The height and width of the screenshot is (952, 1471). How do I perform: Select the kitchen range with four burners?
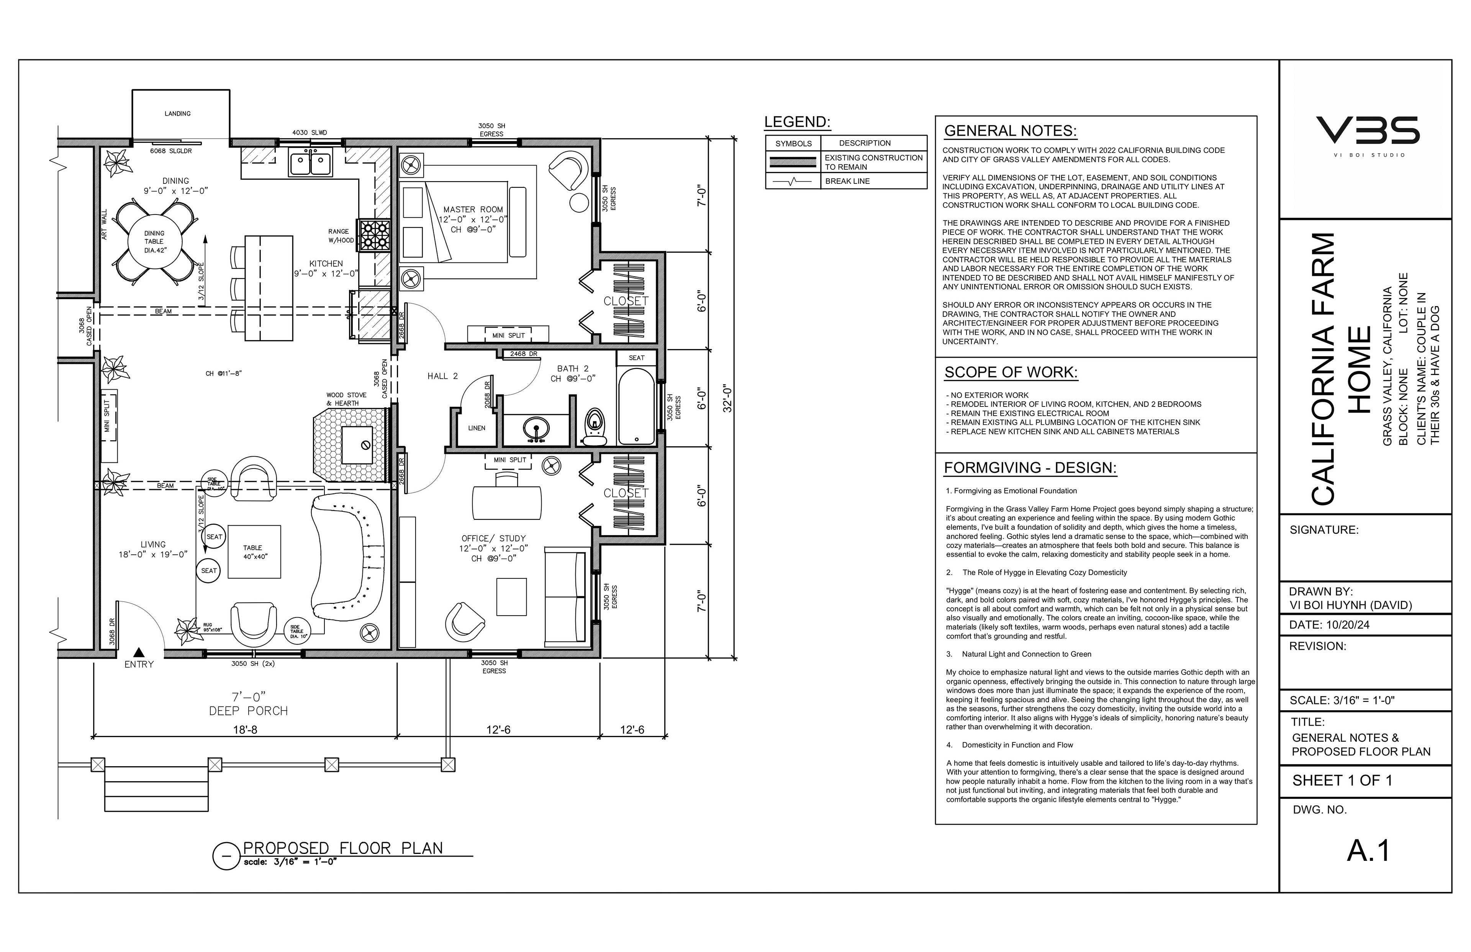373,236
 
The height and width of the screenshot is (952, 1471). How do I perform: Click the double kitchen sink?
311,163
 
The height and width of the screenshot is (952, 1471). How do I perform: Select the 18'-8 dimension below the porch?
246,729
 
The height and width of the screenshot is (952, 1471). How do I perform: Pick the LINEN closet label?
477,428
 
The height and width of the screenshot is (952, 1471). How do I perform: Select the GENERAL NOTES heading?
1011,131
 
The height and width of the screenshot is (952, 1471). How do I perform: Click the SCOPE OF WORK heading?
1011,372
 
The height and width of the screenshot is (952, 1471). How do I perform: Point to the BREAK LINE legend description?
847,181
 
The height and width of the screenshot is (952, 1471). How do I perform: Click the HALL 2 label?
442,376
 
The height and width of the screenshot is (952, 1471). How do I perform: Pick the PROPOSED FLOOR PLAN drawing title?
343,848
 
